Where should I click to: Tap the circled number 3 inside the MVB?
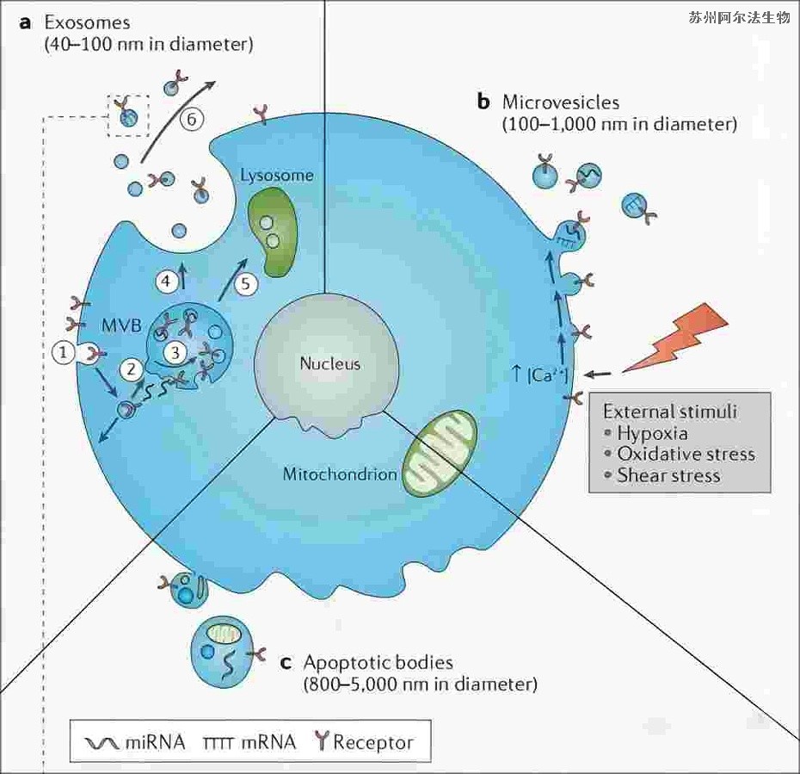(x=175, y=351)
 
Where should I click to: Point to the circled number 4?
(x=166, y=281)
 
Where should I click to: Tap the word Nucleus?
(x=329, y=363)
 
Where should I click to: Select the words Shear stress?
(x=668, y=475)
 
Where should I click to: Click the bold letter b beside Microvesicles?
(x=483, y=102)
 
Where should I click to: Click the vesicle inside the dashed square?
(x=127, y=116)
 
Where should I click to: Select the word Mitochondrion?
(x=339, y=474)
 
